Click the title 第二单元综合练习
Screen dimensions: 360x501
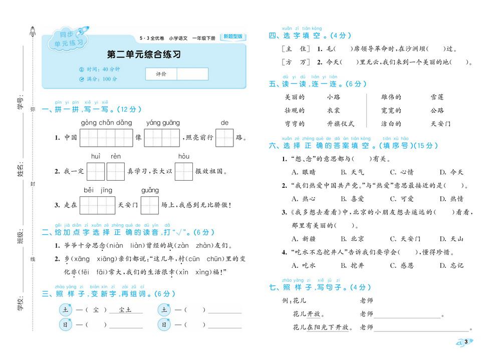pyautogui.click(x=144, y=55)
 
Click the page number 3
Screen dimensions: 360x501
pyautogui.click(x=466, y=342)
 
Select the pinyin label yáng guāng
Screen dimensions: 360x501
pyautogui.click(x=163, y=123)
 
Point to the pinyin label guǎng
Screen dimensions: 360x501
pyautogui.click(x=150, y=190)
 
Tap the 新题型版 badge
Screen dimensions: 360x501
pyautogui.click(x=233, y=37)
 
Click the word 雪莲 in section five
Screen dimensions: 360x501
pyautogui.click(x=437, y=97)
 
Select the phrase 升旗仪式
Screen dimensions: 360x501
pyautogui.click(x=341, y=124)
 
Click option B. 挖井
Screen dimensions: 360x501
pyautogui.click(x=352, y=265)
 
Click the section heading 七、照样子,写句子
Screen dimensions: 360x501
pyautogui.click(x=320, y=287)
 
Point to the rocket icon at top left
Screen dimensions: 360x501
pyautogui.click(x=33, y=31)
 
